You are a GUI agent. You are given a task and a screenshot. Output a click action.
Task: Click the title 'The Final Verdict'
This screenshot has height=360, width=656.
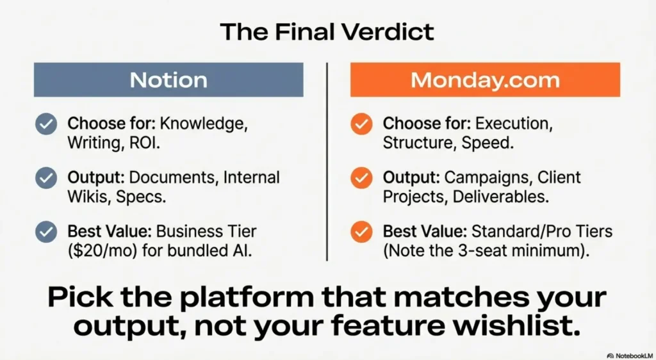(x=327, y=31)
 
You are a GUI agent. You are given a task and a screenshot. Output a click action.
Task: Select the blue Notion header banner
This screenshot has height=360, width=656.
(x=168, y=79)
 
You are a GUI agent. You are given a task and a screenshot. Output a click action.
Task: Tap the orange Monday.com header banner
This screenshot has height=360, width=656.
(x=485, y=79)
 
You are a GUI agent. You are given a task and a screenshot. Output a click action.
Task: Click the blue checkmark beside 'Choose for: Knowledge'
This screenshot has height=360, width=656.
(x=45, y=124)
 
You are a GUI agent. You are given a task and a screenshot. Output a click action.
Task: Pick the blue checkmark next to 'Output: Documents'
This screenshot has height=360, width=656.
(x=45, y=177)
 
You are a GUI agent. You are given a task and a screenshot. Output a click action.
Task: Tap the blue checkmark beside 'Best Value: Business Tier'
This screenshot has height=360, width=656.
(x=45, y=231)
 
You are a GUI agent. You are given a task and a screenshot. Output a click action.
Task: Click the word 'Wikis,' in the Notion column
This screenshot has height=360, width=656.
(x=89, y=197)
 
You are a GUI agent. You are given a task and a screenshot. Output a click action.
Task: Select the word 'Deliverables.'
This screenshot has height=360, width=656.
(x=500, y=197)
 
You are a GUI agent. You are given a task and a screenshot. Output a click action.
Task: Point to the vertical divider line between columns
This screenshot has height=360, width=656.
(x=327, y=160)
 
